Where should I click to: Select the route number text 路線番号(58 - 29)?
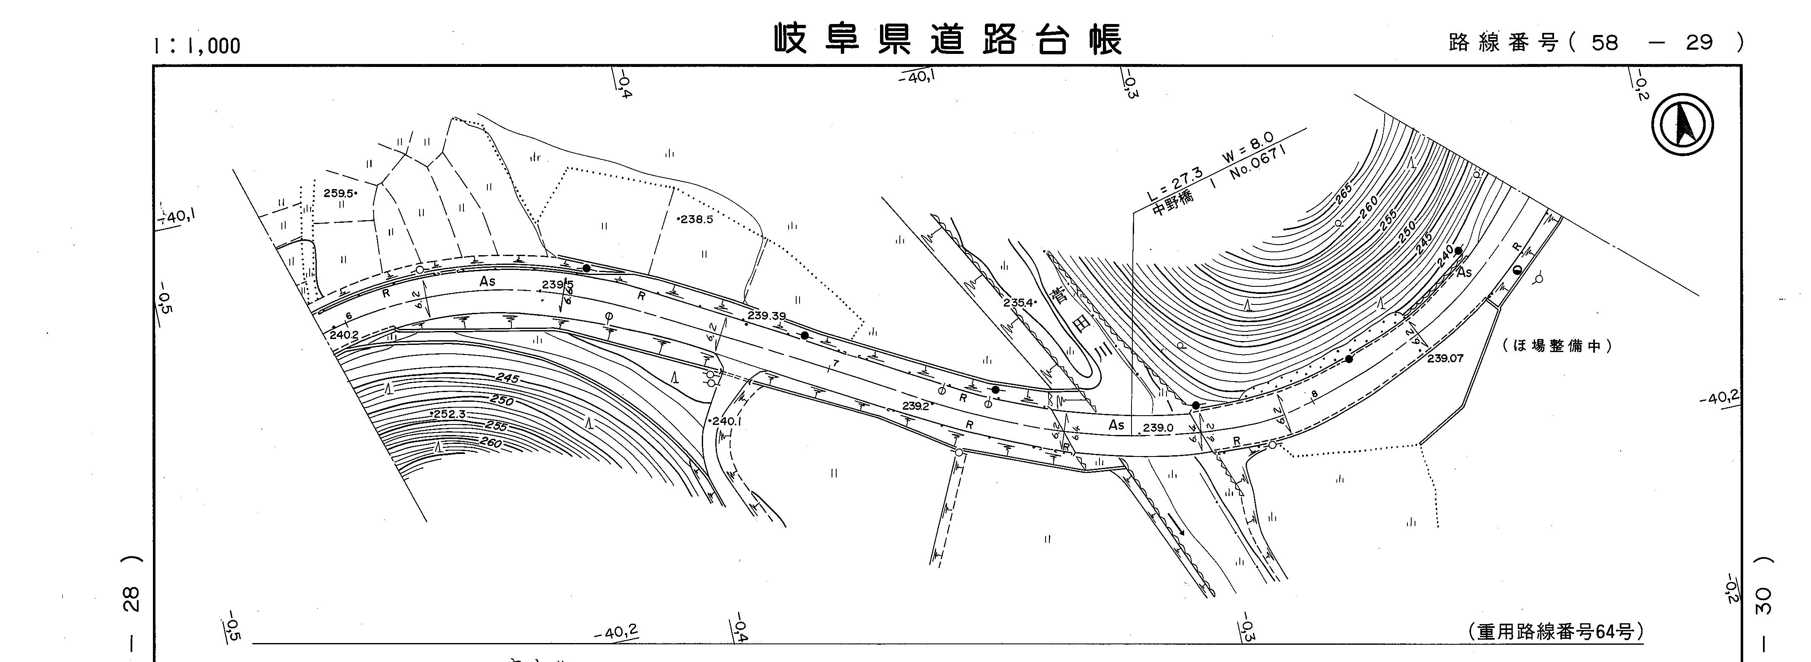(x=1596, y=43)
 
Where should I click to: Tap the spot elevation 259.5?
(x=339, y=193)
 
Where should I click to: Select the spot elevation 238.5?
(x=696, y=219)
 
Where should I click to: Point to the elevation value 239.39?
(x=766, y=316)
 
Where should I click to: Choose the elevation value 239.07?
(x=1445, y=358)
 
